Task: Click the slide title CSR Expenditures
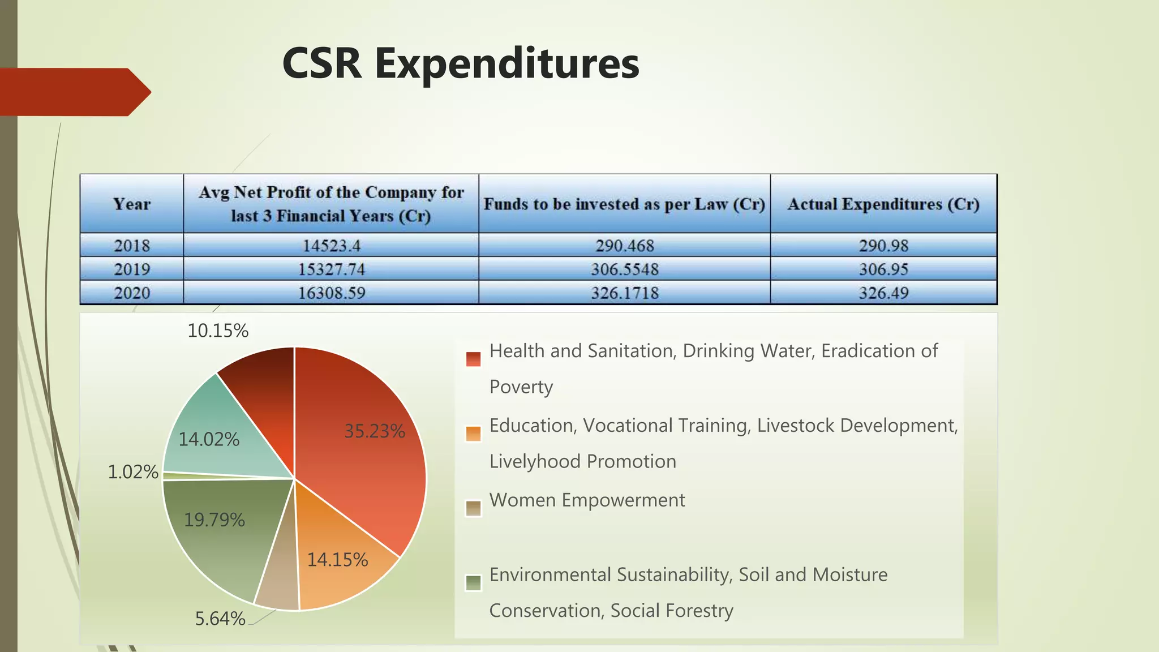(461, 63)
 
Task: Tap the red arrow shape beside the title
(74, 92)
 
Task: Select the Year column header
(131, 204)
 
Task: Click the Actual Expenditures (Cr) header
(883, 204)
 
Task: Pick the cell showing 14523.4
(331, 246)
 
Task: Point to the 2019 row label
(131, 269)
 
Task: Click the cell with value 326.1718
(624, 293)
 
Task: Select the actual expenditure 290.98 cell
(883, 246)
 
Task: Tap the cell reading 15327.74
(331, 269)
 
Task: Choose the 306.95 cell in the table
(883, 269)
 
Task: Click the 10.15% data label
(218, 331)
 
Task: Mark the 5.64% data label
(220, 619)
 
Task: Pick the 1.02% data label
(133, 471)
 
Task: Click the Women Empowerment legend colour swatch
(473, 508)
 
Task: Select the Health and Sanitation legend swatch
(473, 359)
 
